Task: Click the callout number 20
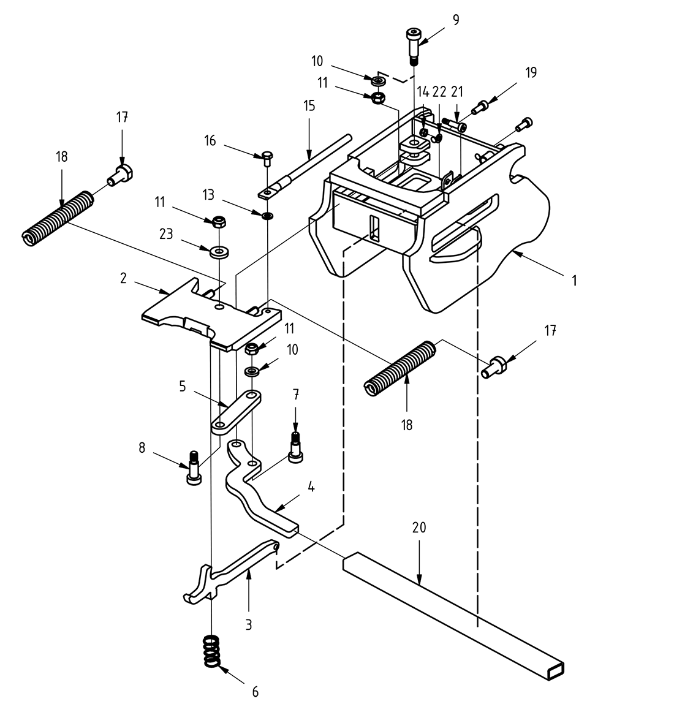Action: pos(419,528)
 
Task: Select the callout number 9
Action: pos(455,20)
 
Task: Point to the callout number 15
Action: pos(309,106)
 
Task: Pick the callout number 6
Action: pos(255,692)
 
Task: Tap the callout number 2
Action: pos(123,278)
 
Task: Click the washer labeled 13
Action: pos(267,216)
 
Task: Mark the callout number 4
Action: pos(311,488)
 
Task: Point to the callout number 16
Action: pos(210,141)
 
